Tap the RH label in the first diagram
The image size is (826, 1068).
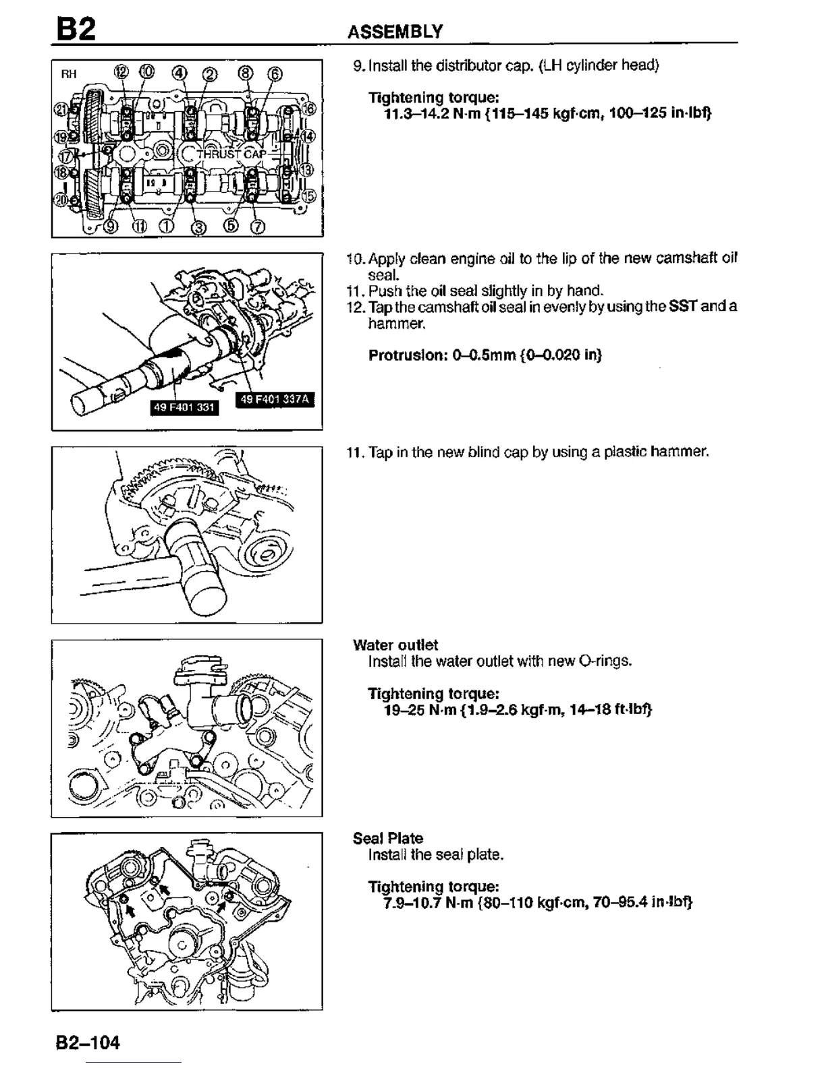tap(69, 73)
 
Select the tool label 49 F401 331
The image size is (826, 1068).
tap(184, 407)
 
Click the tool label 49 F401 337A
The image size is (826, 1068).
tap(275, 399)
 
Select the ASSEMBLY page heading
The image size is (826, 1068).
tap(395, 31)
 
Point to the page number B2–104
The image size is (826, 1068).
tap(88, 1042)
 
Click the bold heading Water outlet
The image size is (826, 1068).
tap(395, 645)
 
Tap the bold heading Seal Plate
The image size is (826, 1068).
tap(388, 838)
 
